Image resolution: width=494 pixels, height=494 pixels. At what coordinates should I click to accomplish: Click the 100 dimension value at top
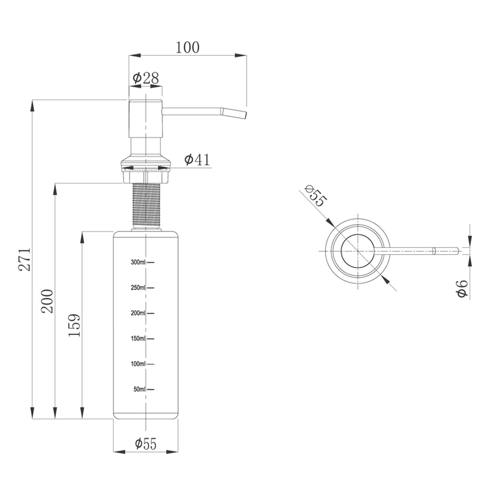click(x=187, y=47)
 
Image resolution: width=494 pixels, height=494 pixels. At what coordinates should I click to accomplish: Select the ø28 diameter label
click(x=146, y=78)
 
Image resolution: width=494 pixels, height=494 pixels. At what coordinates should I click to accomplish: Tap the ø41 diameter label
click(x=197, y=160)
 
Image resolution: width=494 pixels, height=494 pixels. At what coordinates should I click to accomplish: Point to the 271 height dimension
click(x=24, y=259)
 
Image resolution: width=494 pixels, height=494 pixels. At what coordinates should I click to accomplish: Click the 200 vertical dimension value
click(x=47, y=301)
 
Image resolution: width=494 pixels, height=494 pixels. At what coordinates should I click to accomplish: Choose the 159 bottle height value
click(x=75, y=325)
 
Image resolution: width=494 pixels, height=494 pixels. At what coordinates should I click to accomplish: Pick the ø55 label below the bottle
click(x=146, y=444)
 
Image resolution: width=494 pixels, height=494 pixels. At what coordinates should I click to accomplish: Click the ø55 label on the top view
click(x=315, y=196)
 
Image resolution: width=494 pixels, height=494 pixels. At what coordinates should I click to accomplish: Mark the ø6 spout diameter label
click(x=462, y=288)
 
